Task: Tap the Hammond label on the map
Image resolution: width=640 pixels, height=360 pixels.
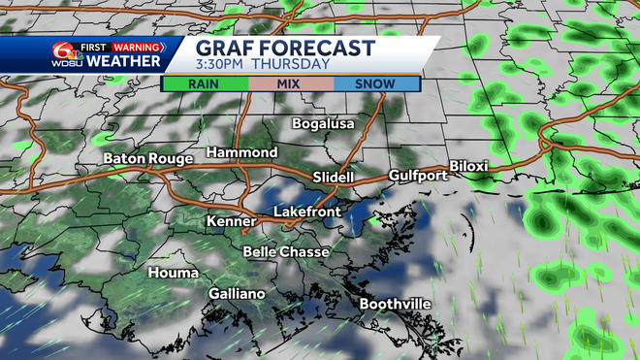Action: click(x=242, y=153)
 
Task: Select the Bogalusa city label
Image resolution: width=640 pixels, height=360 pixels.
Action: click(x=324, y=123)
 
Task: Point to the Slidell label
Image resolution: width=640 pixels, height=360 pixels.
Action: click(x=336, y=177)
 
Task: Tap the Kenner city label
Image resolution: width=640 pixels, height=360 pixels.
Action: click(x=230, y=222)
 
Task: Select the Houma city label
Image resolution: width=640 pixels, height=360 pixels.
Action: click(x=173, y=274)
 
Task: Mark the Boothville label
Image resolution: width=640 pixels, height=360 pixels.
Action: click(x=396, y=304)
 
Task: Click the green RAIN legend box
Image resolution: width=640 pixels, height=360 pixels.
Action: click(x=204, y=83)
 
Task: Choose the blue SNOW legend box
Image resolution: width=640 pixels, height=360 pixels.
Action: click(x=377, y=83)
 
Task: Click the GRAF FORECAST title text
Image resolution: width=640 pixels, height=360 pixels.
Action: click(x=284, y=48)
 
